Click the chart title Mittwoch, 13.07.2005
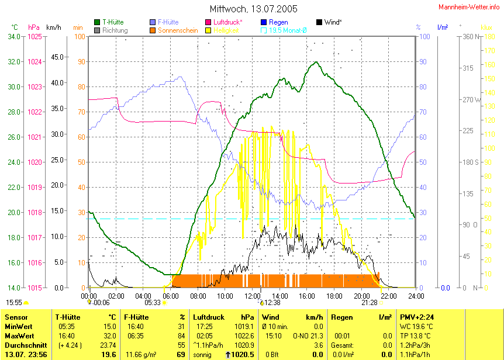tap(253, 9)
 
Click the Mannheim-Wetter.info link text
tap(470, 6)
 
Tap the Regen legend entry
tap(278, 22)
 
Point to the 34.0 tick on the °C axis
tap(13, 36)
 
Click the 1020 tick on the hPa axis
tap(35, 162)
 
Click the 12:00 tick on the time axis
tap(252, 295)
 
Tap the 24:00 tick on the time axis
tap(415, 295)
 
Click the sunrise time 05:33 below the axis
tap(153, 303)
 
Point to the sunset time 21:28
tap(370, 303)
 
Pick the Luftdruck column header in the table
tap(208, 317)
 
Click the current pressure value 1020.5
tap(242, 355)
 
